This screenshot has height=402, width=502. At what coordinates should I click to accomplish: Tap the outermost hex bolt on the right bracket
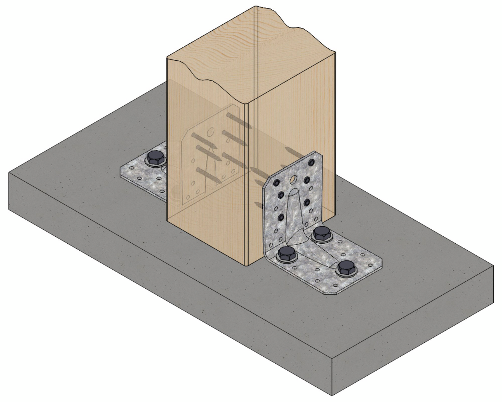344,268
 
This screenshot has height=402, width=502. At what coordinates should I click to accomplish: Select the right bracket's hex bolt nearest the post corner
287,253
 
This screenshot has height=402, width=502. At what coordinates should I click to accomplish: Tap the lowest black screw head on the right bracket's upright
281,218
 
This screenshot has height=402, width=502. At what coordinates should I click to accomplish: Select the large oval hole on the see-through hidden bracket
211,132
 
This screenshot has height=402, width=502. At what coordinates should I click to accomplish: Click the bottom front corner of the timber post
247,265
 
